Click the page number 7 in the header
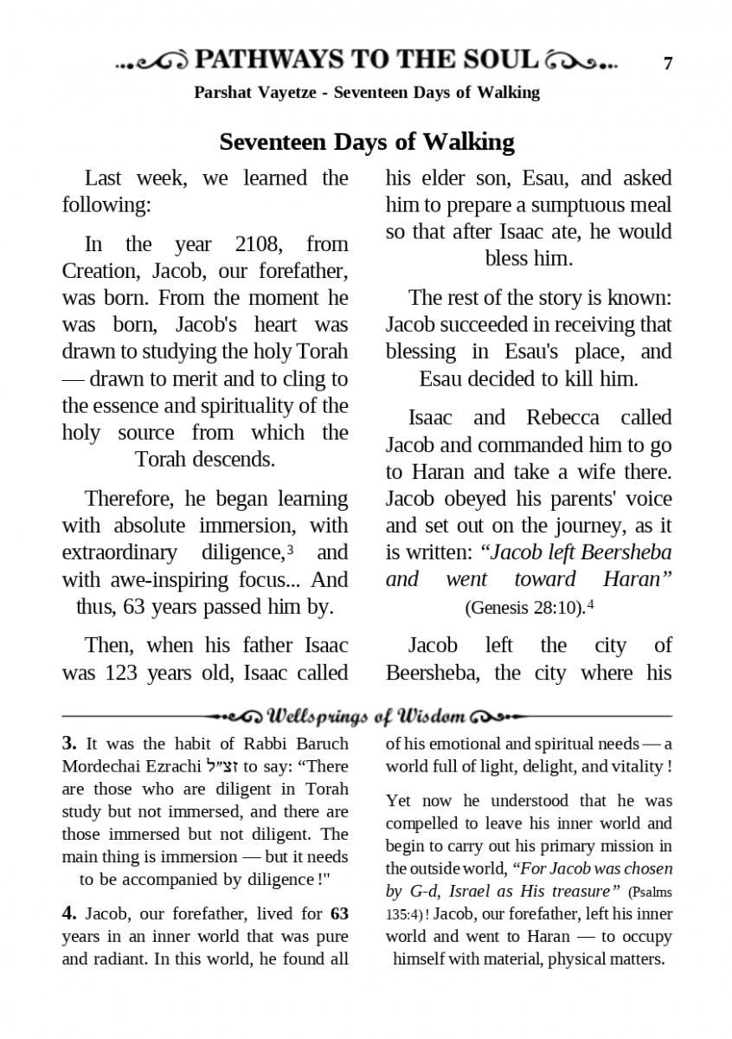[667, 63]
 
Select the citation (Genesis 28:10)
[524, 607]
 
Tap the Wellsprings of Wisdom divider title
[367, 717]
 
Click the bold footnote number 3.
[69, 743]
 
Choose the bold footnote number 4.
[69, 913]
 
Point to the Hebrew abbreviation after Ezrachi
[223, 765]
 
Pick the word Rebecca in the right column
[562, 417]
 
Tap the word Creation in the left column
[102, 271]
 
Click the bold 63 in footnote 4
[339, 913]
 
